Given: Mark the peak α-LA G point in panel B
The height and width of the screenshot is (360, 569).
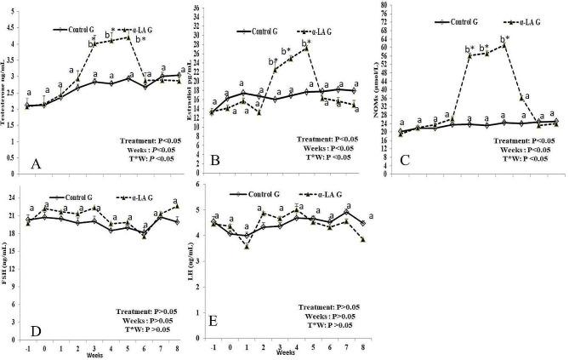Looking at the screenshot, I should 306,49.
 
